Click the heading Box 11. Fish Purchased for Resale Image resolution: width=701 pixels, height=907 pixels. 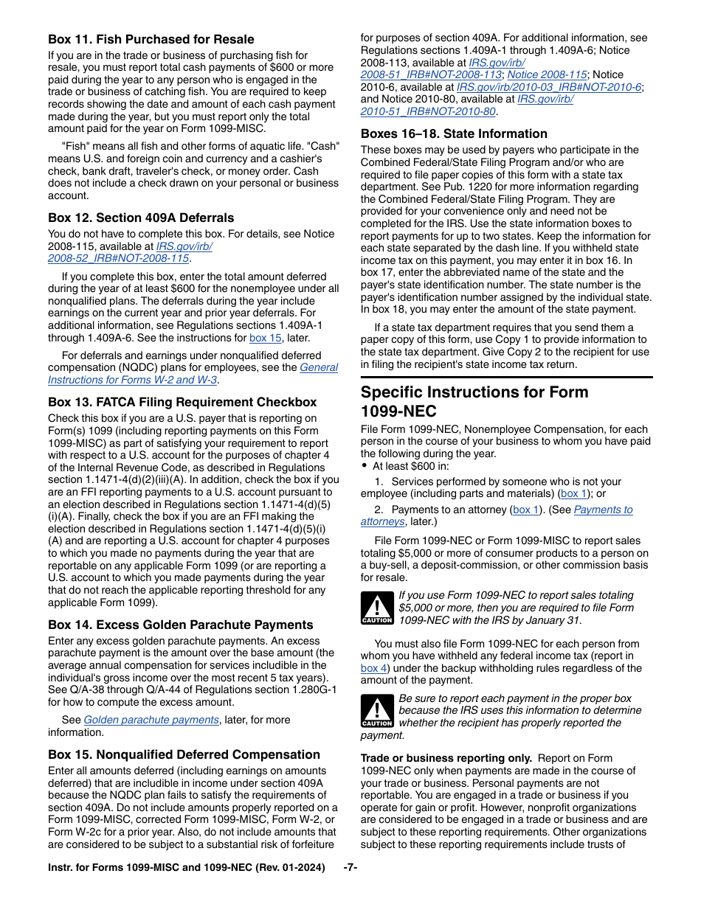[151, 39]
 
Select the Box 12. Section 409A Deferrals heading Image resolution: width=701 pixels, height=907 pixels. [141, 218]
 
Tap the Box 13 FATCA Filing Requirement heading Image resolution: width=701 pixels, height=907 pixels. [182, 402]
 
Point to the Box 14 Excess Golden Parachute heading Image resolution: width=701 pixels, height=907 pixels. [181, 625]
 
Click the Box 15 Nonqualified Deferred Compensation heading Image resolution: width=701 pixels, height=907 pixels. [184, 754]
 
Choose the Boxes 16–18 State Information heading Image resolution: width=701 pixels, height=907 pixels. [454, 133]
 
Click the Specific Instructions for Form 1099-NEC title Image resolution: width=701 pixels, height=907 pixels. [474, 401]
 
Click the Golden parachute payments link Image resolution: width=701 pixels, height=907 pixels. [151, 720]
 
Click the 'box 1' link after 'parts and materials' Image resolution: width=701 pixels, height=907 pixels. [574, 494]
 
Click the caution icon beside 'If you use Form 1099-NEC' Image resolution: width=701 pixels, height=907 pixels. [376, 608]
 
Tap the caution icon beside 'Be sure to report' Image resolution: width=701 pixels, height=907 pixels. [376, 711]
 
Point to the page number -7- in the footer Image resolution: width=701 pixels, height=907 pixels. [350, 868]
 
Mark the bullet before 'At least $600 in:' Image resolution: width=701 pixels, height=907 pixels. [365, 466]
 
